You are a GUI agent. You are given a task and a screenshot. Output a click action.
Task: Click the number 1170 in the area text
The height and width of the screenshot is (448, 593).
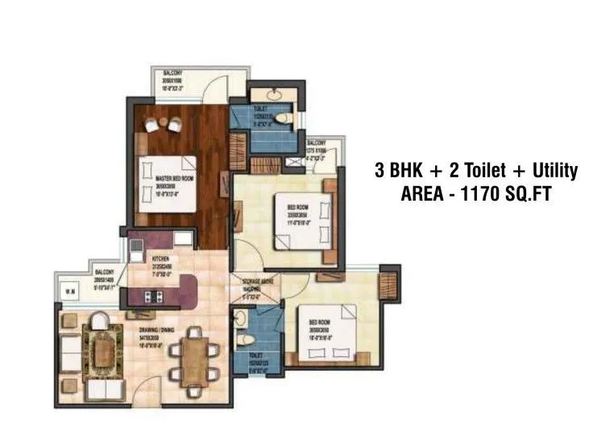click(x=487, y=194)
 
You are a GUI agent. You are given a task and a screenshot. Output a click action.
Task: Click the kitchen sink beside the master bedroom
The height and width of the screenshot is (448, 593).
click(x=179, y=238)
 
